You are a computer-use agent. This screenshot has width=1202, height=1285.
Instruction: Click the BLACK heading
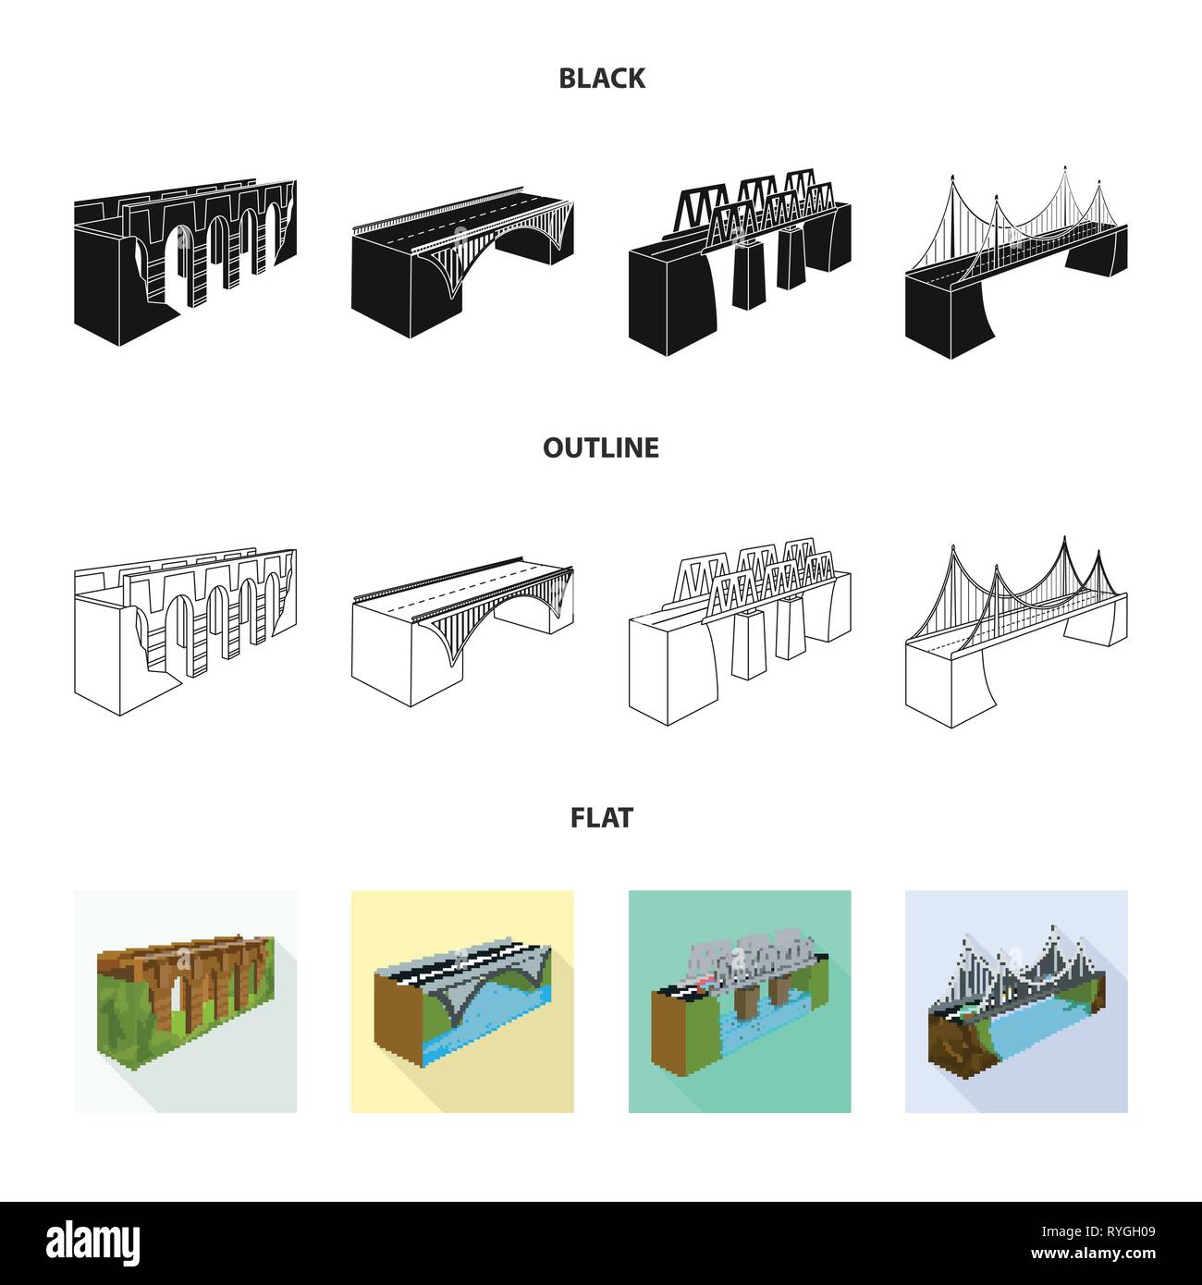(x=601, y=79)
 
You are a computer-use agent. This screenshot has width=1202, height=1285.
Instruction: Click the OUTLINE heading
(x=601, y=447)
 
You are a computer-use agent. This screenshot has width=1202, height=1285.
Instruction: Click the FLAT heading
(x=601, y=818)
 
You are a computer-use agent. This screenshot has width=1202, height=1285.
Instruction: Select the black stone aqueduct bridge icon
(x=185, y=262)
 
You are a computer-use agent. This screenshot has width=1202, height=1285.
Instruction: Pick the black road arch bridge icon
(x=462, y=262)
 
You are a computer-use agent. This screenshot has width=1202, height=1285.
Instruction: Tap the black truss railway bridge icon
(x=740, y=262)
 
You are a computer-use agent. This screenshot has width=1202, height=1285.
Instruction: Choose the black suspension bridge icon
(x=1016, y=262)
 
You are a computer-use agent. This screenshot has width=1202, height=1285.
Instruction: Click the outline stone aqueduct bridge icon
(x=185, y=631)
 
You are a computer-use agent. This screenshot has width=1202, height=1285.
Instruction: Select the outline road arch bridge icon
(x=462, y=631)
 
